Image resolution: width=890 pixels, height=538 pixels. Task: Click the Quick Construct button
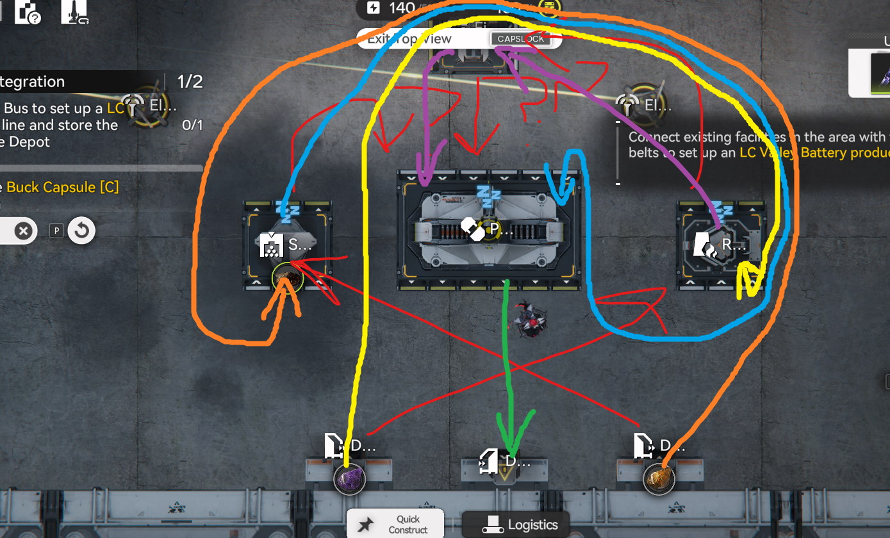click(395, 524)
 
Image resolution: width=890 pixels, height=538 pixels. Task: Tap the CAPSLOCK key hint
click(520, 39)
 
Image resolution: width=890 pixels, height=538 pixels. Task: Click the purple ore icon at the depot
click(350, 479)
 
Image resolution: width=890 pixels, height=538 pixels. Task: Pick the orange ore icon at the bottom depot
click(659, 479)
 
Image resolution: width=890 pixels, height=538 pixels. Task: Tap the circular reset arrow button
click(81, 231)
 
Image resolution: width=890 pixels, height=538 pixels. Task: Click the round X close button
click(24, 231)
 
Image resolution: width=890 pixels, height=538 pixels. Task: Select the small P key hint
click(56, 231)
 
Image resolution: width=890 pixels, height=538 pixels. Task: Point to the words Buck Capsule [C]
click(63, 188)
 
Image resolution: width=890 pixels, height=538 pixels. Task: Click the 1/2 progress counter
click(190, 81)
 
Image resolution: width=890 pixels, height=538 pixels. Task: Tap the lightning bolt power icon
click(374, 8)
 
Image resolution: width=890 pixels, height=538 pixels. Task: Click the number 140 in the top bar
click(401, 8)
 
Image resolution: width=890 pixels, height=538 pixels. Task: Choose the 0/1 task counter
click(192, 125)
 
